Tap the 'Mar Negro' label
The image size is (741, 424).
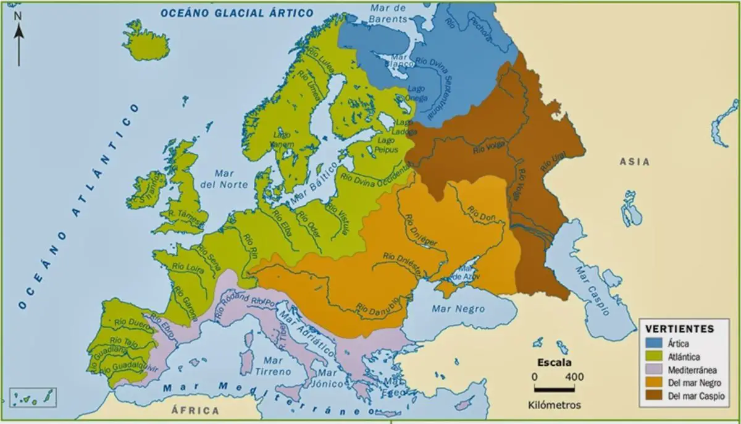pyautogui.click(x=458, y=309)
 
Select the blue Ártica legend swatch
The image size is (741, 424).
pyautogui.click(x=655, y=343)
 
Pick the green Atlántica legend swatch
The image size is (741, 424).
pyautogui.click(x=655, y=357)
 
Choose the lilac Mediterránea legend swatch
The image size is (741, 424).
pyautogui.click(x=655, y=370)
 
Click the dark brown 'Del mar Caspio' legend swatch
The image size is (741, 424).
pyautogui.click(x=655, y=396)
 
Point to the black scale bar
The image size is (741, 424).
pyautogui.click(x=554, y=389)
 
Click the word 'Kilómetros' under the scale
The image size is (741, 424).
pyautogui.click(x=554, y=405)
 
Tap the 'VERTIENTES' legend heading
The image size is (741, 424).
pyautogui.click(x=679, y=329)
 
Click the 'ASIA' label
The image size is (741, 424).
pyautogui.click(x=634, y=162)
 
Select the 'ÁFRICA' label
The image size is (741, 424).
pyautogui.click(x=195, y=410)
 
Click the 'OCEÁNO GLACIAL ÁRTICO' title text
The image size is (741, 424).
pyautogui.click(x=237, y=12)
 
